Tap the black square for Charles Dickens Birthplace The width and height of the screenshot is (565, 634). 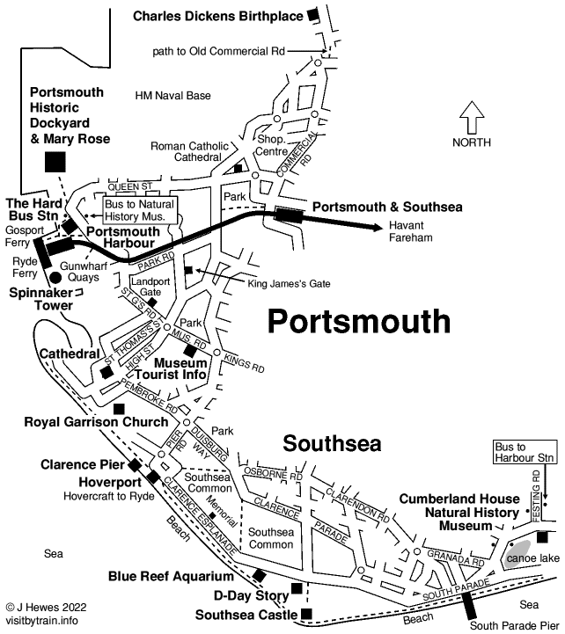tap(312, 15)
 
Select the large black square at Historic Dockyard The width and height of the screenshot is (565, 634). tap(55, 161)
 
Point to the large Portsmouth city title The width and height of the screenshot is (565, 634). tap(358, 321)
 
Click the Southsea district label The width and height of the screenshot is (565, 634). tap(332, 442)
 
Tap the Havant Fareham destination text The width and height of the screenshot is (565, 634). tap(412, 231)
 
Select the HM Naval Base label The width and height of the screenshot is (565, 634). tap(175, 95)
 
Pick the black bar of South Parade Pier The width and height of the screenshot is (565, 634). tap(469, 606)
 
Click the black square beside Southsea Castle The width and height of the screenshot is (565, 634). tap(306, 614)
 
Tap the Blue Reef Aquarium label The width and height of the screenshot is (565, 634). tap(171, 577)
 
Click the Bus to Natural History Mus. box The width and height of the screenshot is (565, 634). tap(140, 209)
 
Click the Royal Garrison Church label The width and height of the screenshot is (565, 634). tap(96, 422)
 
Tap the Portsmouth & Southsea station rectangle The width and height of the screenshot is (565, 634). tap(288, 213)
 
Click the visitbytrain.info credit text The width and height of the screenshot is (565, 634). tap(42, 619)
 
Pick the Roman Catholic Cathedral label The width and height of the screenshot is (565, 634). tap(186, 151)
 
